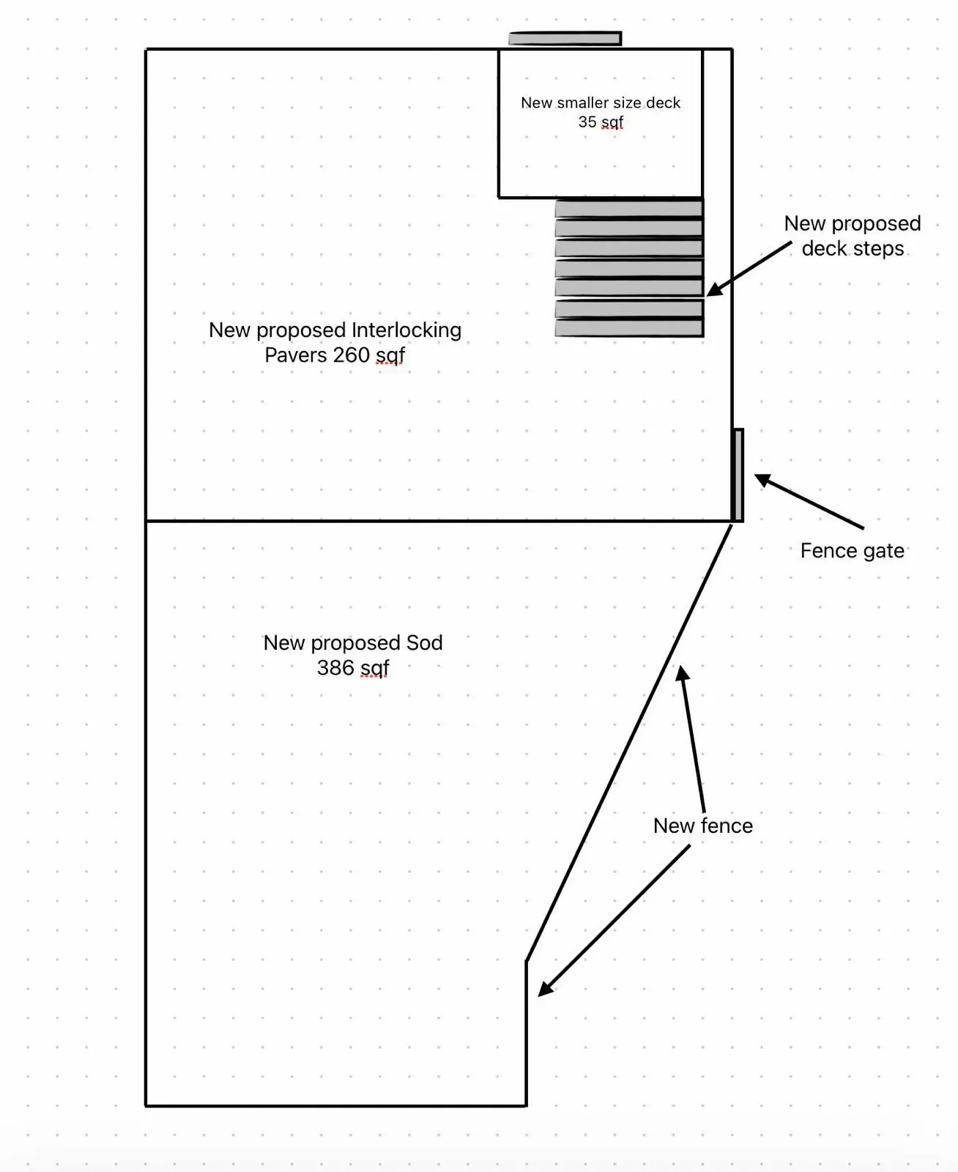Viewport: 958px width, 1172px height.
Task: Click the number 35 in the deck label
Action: (x=587, y=122)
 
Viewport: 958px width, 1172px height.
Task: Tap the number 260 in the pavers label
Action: (x=351, y=355)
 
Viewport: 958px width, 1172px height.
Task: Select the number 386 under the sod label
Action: (x=335, y=667)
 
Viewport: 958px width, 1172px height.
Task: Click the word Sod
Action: (x=424, y=642)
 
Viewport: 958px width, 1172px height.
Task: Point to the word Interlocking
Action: (x=406, y=330)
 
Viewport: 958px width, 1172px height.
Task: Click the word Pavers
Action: (x=295, y=355)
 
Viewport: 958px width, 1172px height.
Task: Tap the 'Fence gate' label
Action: (x=852, y=551)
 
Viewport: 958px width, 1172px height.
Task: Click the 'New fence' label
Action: (x=702, y=826)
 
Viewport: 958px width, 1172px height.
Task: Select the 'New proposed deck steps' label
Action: (x=853, y=236)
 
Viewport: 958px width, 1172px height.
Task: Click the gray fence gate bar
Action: (x=738, y=475)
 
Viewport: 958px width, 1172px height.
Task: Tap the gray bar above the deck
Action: (x=565, y=38)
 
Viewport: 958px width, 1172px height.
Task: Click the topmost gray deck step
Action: (x=628, y=209)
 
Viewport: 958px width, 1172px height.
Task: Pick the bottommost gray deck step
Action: (x=628, y=328)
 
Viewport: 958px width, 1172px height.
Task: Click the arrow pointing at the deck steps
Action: (x=749, y=269)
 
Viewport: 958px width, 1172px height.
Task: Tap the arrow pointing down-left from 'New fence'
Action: (x=615, y=920)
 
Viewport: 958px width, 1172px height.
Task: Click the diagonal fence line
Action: (x=630, y=740)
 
